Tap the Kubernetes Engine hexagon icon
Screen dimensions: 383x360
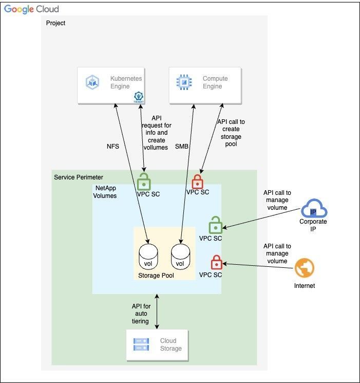93,82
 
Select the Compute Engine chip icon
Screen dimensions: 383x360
183,82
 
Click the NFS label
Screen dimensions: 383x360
112,146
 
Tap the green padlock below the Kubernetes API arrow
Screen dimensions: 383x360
144,181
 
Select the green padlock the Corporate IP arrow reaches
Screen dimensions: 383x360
215,226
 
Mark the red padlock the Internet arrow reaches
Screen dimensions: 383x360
216,262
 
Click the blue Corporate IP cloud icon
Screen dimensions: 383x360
313,209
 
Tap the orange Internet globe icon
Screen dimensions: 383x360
305,268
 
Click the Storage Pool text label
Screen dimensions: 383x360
156,276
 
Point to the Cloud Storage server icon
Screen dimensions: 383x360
141,344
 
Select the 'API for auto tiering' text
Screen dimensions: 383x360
140,314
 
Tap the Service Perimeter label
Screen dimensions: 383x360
78,177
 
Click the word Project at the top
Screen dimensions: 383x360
55,23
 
